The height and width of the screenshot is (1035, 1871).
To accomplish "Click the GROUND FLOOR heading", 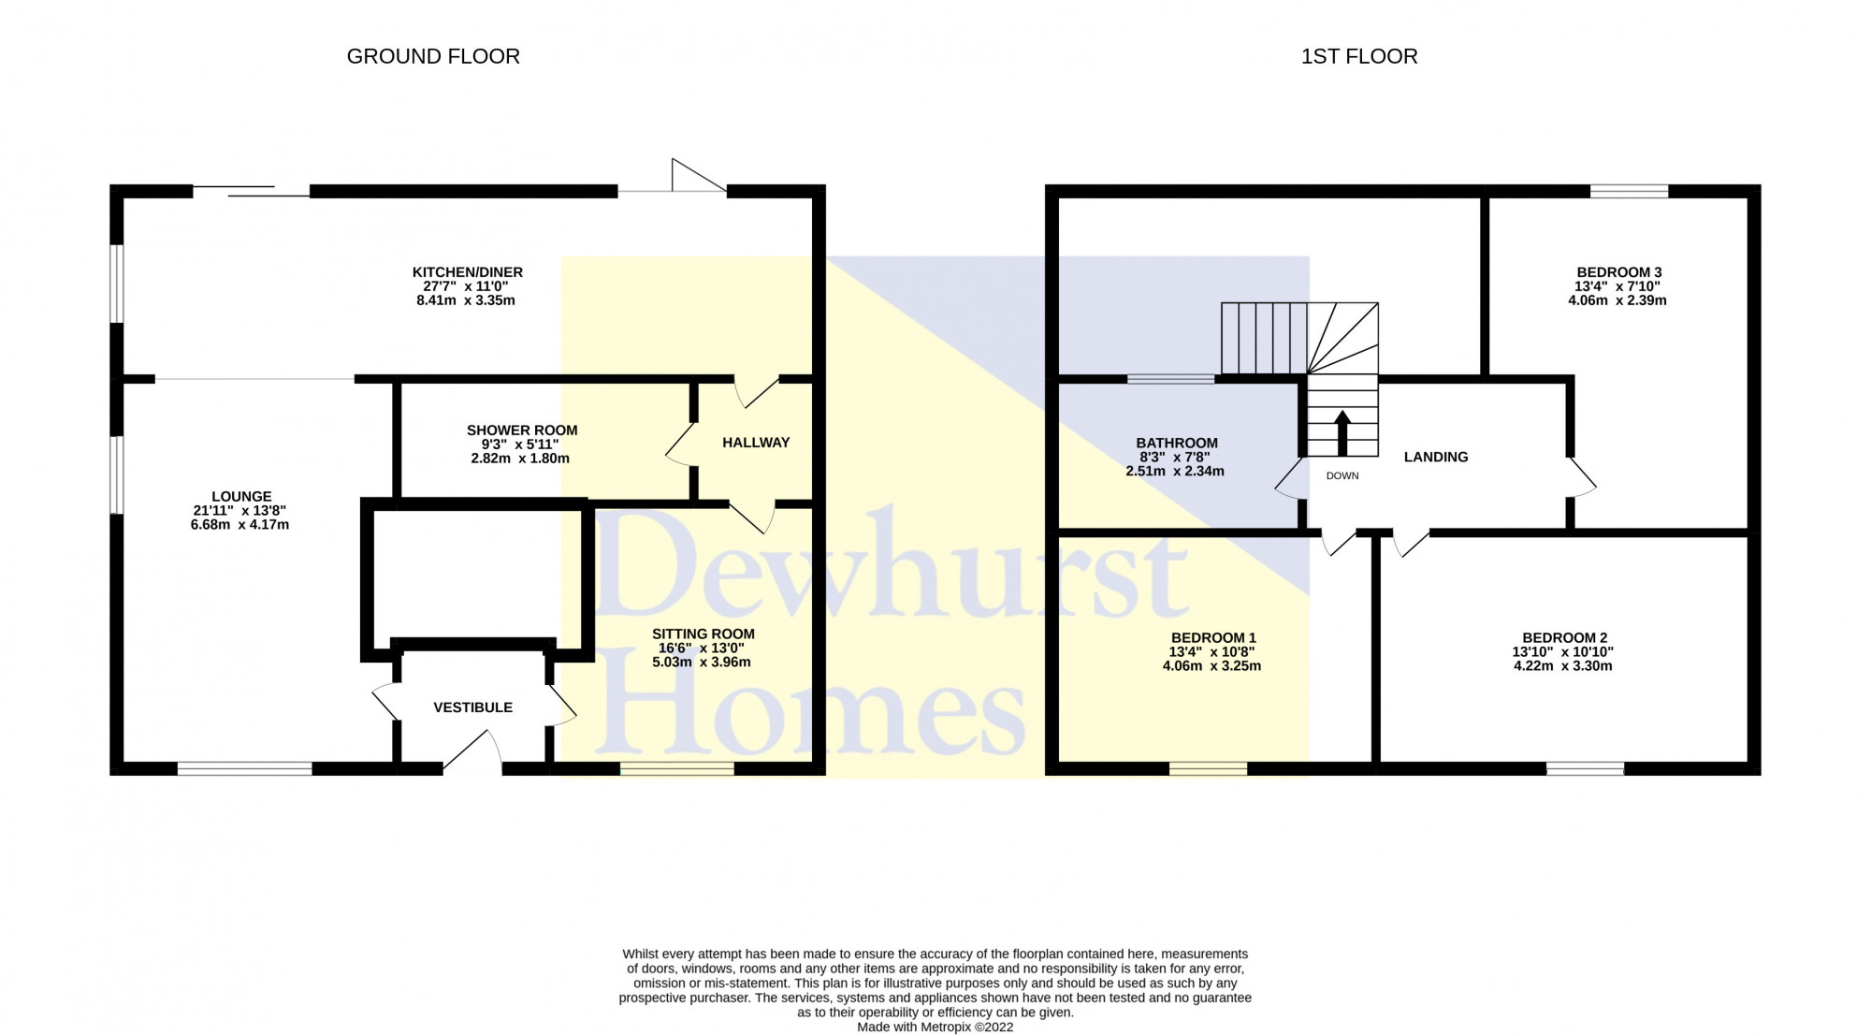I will click(x=433, y=56).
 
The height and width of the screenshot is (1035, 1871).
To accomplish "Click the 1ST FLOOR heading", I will click(x=1358, y=56).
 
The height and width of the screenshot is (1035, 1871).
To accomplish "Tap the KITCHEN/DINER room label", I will click(x=467, y=272).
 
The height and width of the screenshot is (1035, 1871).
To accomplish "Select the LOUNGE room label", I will click(x=241, y=497).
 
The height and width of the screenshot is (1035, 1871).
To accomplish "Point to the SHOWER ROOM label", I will click(x=522, y=430).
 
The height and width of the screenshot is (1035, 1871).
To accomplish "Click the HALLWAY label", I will click(x=756, y=443).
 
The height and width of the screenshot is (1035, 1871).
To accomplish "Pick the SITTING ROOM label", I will click(x=703, y=634).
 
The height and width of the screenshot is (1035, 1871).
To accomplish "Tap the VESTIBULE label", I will click(x=472, y=707).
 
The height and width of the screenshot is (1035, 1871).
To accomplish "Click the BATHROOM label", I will click(x=1176, y=443).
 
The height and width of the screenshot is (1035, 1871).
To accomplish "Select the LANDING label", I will click(x=1435, y=457).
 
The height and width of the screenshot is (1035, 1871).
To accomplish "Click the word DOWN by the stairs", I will click(x=1342, y=475).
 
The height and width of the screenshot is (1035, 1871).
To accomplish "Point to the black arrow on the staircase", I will click(x=1342, y=430).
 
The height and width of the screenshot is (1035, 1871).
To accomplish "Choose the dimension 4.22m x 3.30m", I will click(x=1562, y=666).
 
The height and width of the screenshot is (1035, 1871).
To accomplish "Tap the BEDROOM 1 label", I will click(x=1213, y=638).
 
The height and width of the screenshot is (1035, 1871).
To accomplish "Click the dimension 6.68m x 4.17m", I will click(x=239, y=525).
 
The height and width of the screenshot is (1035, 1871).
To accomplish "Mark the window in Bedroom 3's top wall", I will click(x=1629, y=191).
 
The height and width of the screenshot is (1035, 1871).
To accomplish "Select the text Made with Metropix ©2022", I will click(x=935, y=1027).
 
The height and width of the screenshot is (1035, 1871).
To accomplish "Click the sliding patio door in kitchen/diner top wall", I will click(x=251, y=192).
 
